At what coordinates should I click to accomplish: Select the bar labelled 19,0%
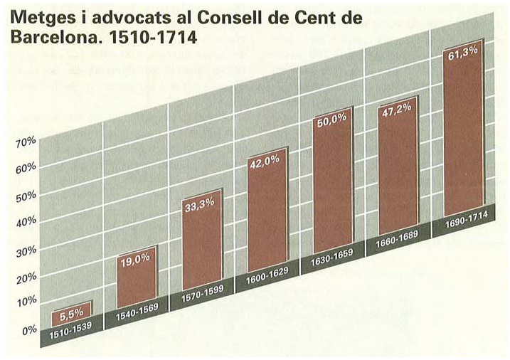click(x=137, y=279)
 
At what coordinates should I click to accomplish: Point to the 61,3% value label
click(x=464, y=53)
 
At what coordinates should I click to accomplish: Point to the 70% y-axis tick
click(x=26, y=142)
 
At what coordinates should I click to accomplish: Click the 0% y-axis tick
click(x=28, y=329)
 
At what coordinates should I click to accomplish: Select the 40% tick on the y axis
click(x=26, y=221)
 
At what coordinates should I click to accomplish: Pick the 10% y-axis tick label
click(x=26, y=302)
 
